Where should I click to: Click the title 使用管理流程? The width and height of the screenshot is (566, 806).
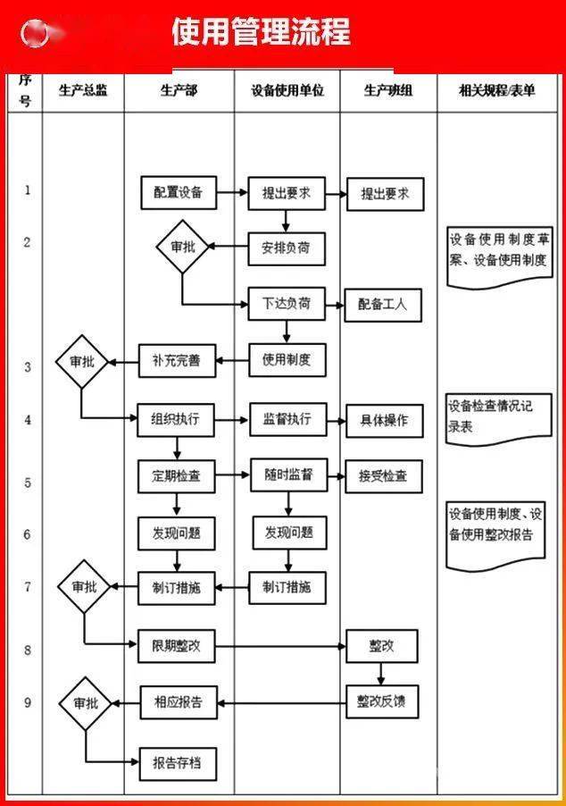click(x=261, y=32)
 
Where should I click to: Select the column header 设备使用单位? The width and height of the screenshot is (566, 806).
click(x=287, y=90)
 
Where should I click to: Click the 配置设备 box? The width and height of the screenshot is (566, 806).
click(x=179, y=192)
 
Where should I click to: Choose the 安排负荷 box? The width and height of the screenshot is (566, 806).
click(x=286, y=246)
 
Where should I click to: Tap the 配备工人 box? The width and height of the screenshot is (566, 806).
click(x=382, y=304)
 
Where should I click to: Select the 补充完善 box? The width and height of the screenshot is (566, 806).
click(x=177, y=361)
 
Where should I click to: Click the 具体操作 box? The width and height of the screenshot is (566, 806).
click(x=383, y=420)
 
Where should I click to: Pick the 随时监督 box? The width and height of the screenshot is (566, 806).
click(x=287, y=475)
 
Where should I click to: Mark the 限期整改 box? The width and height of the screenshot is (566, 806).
click(x=176, y=645)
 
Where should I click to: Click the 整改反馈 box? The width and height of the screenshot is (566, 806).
click(x=381, y=701)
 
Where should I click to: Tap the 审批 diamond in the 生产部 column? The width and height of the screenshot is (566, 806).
click(x=182, y=247)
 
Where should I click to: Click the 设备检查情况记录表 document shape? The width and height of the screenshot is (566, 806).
click(x=499, y=417)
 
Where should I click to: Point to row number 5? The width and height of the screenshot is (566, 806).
click(x=27, y=483)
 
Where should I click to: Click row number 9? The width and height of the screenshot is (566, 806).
click(x=27, y=702)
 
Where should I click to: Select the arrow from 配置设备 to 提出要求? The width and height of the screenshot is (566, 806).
click(x=231, y=192)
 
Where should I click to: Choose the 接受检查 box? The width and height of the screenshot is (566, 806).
click(x=383, y=476)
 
